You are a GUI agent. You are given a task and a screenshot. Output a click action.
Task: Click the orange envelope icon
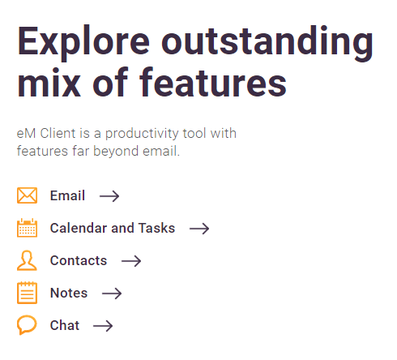coord(27,195)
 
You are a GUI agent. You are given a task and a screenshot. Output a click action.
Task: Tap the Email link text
coord(67,195)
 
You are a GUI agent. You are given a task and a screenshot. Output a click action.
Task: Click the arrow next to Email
coord(109,196)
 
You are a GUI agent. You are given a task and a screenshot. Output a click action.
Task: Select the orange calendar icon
coord(27,228)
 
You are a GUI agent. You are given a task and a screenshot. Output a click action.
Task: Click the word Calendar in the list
coord(79,228)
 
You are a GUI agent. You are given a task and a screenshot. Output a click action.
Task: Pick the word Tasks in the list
coord(157,228)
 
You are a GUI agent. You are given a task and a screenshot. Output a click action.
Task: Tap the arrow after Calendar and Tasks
coord(199,229)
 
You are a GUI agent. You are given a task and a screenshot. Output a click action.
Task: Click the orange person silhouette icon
coord(27,260)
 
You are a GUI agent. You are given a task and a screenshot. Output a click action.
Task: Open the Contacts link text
coord(79,260)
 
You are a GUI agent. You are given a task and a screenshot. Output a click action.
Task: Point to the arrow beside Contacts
coord(131,261)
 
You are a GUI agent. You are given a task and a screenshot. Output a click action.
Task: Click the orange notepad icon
coord(27,293)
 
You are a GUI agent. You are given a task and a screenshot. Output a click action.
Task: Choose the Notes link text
coord(69,293)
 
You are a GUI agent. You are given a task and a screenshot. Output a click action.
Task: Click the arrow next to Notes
coord(112,294)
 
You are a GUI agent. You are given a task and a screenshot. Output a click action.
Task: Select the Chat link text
coord(65,325)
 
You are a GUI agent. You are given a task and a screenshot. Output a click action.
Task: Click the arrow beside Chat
coord(103,326)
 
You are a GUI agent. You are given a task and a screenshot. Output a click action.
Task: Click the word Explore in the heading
coord(83,43)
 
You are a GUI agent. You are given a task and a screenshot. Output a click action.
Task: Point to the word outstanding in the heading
coord(267,43)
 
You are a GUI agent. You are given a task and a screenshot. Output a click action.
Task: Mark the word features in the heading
coord(213,82)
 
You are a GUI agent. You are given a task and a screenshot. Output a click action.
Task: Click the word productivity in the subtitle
coord(142,134)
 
